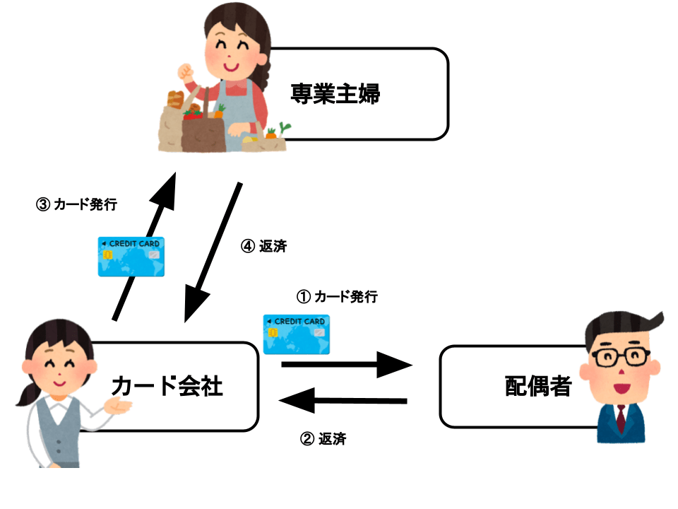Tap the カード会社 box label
(x=167, y=386)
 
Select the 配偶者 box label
(x=538, y=386)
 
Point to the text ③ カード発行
(x=76, y=205)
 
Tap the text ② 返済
(x=323, y=438)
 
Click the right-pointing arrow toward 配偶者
(x=346, y=365)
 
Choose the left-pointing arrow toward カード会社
(x=344, y=402)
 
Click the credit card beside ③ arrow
(x=131, y=256)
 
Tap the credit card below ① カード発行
(x=296, y=334)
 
